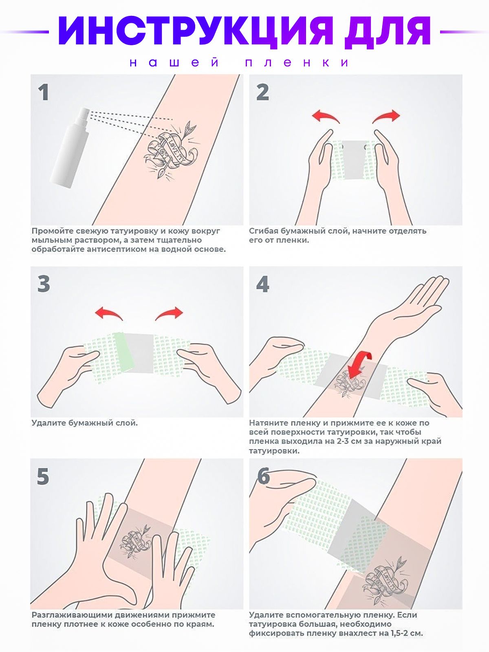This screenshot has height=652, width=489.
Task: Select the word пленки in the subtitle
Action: [x=297, y=63]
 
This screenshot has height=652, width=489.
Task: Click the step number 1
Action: [x=44, y=93]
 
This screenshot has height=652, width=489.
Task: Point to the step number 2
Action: [x=263, y=93]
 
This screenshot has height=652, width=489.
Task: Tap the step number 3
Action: [x=44, y=284]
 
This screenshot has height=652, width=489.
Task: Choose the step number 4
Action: [x=263, y=284]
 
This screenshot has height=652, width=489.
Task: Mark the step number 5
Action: [x=43, y=476]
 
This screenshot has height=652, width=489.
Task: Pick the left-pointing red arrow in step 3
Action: [x=109, y=313]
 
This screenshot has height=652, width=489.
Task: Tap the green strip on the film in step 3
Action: [x=124, y=352]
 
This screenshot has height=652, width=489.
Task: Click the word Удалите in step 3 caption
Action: [x=48, y=423]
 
